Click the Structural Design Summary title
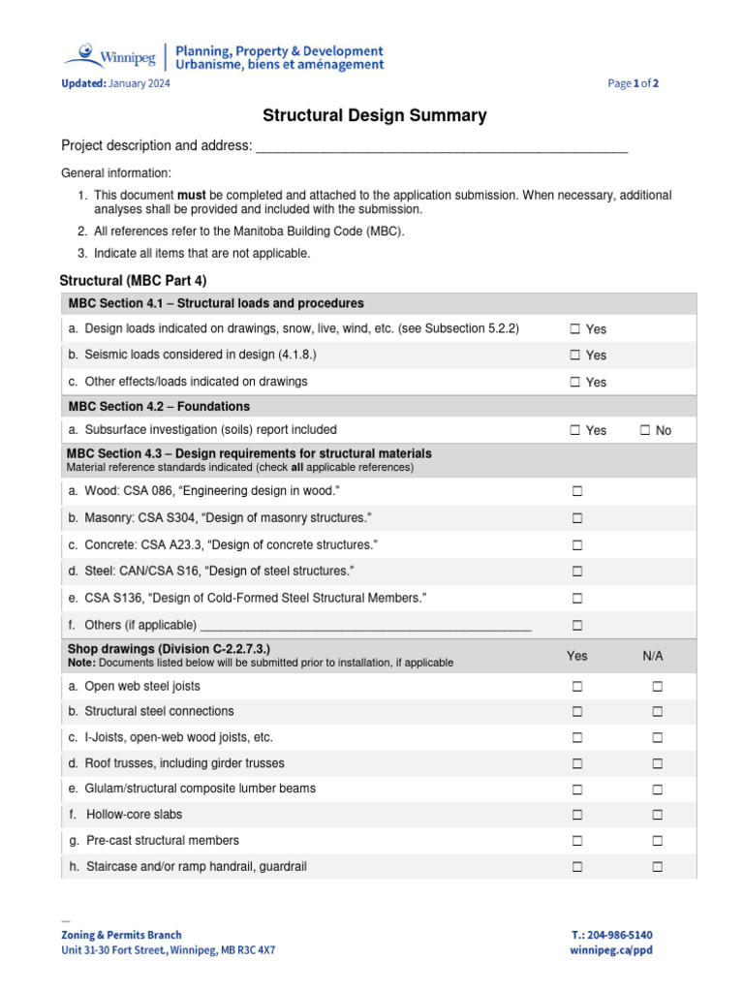(x=375, y=116)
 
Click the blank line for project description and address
(x=441, y=147)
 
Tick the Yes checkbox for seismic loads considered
(x=575, y=356)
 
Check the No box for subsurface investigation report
(x=645, y=430)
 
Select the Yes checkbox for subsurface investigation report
(x=575, y=430)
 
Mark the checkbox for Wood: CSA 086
(x=577, y=492)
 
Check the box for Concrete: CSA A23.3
(x=577, y=545)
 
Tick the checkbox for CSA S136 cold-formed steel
(x=577, y=599)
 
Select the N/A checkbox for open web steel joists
(x=657, y=687)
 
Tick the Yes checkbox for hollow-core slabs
(x=577, y=815)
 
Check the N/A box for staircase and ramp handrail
(x=657, y=867)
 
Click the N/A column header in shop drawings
(x=653, y=656)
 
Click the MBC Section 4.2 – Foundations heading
(x=159, y=407)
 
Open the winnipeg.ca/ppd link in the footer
(x=611, y=950)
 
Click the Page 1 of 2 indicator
(x=634, y=84)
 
